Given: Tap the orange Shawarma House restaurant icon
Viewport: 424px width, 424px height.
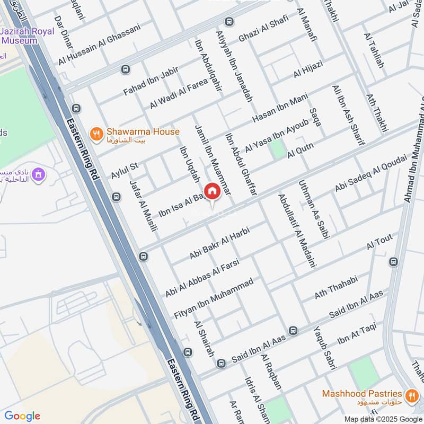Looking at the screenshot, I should [x=96, y=135].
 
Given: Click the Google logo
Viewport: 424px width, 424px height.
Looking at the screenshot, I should [x=22, y=416].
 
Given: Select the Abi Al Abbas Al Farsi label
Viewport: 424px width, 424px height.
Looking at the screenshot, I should [x=202, y=278].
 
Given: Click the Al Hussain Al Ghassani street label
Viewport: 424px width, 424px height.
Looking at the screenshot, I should [x=100, y=45].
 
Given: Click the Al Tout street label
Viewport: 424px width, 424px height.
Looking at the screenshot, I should [x=379, y=243].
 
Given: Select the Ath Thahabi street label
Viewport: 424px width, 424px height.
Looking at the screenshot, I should [x=337, y=287].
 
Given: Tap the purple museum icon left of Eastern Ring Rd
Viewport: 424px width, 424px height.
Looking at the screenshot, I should [x=38, y=174].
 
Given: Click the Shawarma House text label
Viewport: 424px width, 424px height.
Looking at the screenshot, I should [x=143, y=131].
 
